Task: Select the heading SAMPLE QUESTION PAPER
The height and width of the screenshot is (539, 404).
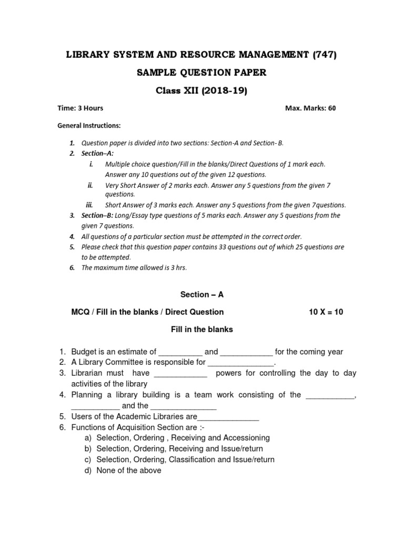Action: pos(201,73)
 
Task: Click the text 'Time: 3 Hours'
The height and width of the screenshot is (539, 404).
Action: pos(80,108)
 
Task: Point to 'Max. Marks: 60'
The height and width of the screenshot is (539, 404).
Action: pos(310,108)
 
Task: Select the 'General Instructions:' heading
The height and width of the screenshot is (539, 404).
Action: pos(89,126)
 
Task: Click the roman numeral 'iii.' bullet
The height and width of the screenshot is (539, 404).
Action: pos(89,205)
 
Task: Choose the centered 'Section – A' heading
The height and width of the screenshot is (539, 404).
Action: pos(201,295)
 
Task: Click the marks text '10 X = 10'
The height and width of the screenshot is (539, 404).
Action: pos(326,312)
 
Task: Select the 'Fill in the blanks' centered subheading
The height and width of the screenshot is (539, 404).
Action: pos(201,330)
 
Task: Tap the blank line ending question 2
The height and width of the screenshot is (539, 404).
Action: pos(241,363)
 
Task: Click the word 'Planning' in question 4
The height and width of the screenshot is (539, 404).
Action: pos(87,395)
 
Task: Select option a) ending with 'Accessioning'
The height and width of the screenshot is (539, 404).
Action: pos(183,438)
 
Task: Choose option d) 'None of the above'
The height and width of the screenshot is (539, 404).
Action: pos(129,471)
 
